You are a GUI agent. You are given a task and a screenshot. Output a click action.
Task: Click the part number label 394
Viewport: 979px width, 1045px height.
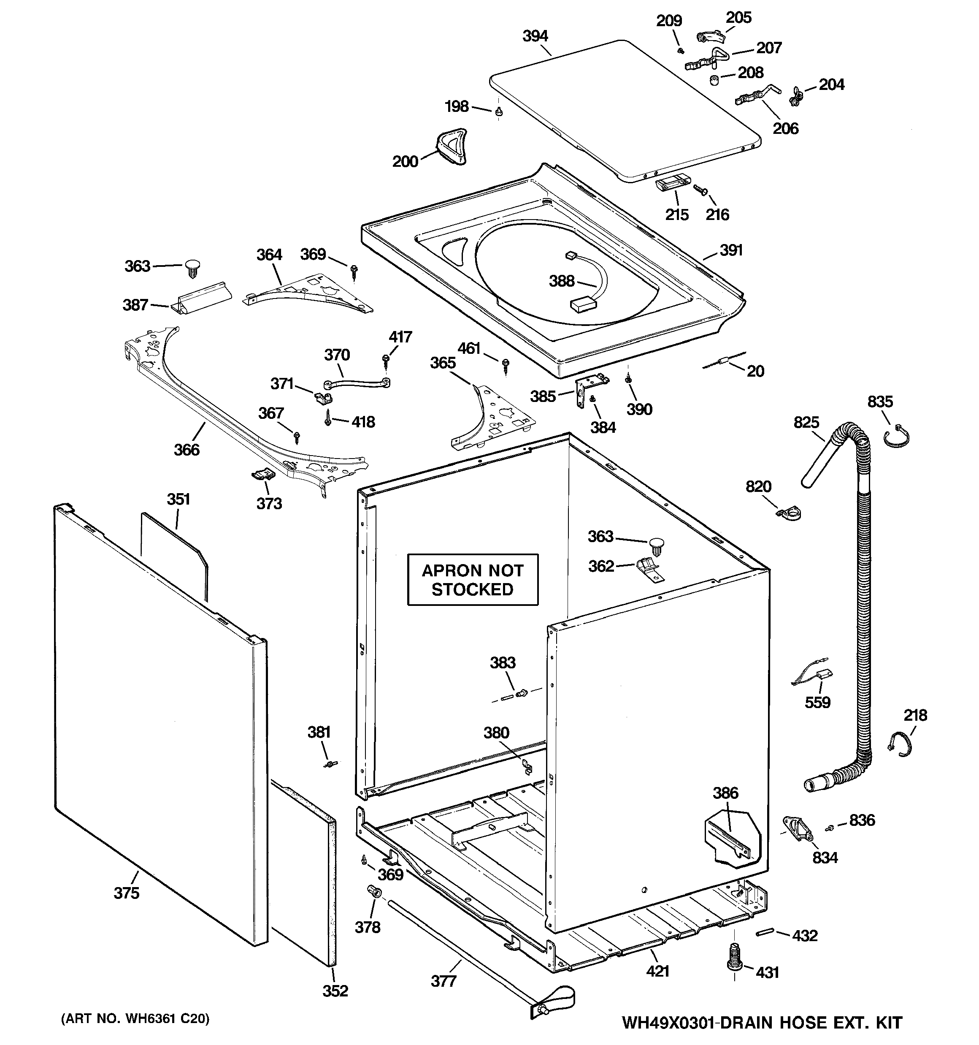[x=535, y=36]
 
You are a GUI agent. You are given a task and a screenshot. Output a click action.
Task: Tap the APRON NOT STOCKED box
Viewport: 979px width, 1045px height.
[x=473, y=580]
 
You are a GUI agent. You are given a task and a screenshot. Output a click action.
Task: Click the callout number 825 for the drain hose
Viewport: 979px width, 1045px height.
[x=806, y=423]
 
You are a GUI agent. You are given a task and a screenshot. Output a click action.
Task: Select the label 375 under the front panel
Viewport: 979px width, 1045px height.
[x=127, y=893]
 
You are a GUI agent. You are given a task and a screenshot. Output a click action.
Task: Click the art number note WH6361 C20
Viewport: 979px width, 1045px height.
[x=135, y=1019]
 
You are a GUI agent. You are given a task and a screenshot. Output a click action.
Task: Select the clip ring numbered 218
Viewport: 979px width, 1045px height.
[x=900, y=745]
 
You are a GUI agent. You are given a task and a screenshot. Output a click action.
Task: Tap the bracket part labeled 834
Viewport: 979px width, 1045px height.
[x=797, y=830]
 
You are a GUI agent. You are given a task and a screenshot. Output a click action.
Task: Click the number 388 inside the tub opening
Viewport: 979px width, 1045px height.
[x=561, y=281]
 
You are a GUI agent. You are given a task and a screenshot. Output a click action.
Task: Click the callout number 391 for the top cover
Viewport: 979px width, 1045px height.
[x=731, y=250]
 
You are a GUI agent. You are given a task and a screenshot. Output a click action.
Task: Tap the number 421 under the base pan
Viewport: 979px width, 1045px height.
[x=657, y=971]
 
